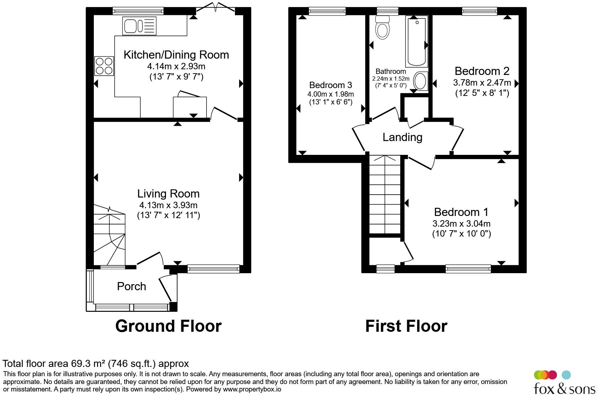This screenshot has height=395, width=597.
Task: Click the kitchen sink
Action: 139,26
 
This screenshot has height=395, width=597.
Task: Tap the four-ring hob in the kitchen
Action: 104,66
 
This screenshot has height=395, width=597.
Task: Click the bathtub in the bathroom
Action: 416,41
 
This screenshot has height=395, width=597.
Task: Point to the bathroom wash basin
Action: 421,81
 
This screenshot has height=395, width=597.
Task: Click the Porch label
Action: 131,287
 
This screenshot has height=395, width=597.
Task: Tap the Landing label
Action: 402,137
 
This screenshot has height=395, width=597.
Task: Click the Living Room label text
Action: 168,194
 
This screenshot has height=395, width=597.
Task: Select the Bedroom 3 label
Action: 330,85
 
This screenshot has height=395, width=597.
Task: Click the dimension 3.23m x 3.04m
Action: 461,223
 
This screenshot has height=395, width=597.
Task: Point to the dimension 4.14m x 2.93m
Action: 176,66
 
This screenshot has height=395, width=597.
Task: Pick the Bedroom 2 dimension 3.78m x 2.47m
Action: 482,82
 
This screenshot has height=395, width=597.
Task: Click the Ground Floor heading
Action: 168,326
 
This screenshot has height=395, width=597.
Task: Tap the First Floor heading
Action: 406,326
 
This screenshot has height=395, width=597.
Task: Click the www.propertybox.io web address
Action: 252,389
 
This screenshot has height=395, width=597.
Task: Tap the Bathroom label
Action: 391,71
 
